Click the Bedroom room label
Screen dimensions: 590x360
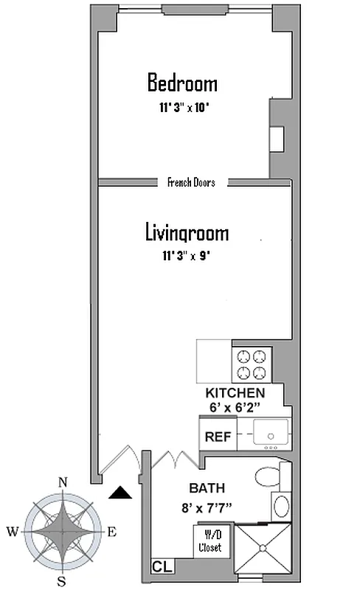(182, 82)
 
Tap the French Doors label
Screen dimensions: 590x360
(191, 182)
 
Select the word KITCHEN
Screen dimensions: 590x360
(235, 393)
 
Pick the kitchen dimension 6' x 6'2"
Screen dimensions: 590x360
(235, 406)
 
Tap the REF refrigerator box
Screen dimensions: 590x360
(218, 437)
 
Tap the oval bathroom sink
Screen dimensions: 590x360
(281, 507)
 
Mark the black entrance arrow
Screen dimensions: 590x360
(120, 493)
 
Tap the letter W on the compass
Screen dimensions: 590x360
(13, 531)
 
